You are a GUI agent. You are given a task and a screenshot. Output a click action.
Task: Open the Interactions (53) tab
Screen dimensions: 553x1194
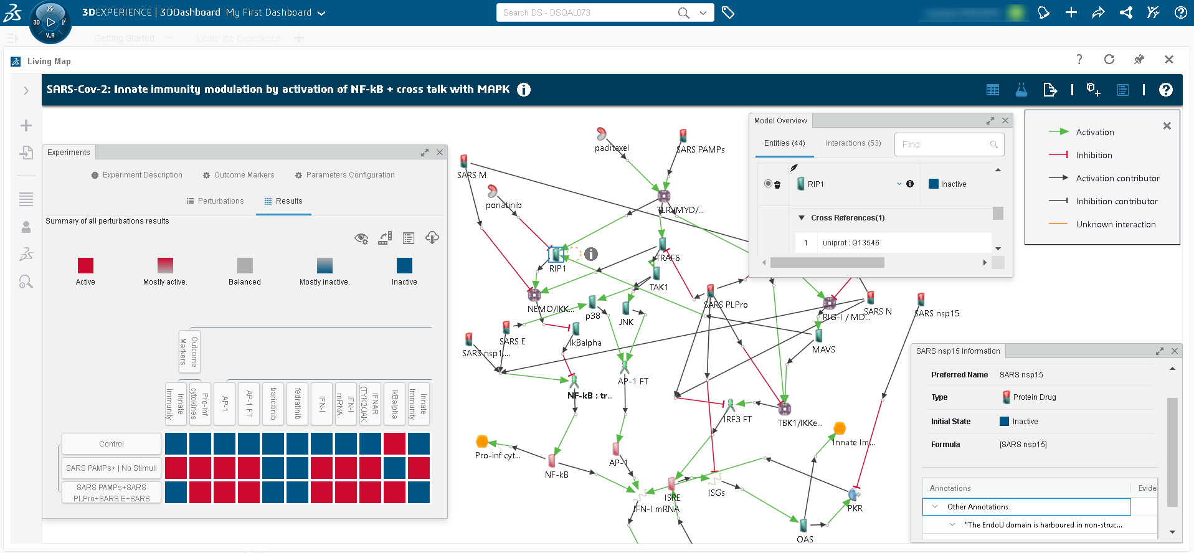[853, 143]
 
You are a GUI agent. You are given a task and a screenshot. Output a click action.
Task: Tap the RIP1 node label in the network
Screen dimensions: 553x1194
[557, 268]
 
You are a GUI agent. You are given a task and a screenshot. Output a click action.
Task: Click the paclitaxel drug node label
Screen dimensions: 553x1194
[612, 148]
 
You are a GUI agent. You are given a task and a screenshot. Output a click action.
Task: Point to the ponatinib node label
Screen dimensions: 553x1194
[504, 205]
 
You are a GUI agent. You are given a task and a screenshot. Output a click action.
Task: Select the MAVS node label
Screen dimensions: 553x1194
[823, 349]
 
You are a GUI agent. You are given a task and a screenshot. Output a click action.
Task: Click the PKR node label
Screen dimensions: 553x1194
[855, 508]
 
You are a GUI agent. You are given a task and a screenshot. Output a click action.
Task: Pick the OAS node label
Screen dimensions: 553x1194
[805, 539]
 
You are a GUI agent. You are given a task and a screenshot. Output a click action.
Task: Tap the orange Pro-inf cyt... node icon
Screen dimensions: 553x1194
[481, 442]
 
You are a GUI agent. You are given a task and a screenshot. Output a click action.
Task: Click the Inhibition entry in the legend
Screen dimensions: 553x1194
[1094, 155]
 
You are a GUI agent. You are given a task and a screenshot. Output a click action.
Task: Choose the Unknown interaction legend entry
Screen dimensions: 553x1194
[1116, 224]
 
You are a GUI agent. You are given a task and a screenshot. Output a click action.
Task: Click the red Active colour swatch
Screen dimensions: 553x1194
[85, 266]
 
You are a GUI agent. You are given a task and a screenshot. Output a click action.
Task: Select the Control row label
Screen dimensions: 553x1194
[111, 444]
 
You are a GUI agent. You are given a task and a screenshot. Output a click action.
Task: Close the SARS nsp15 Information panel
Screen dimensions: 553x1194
[1175, 351]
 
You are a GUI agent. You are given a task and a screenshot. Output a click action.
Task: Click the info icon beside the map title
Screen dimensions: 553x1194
[524, 90]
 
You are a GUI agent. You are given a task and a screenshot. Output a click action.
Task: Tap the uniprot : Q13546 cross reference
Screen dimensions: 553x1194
[851, 243]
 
